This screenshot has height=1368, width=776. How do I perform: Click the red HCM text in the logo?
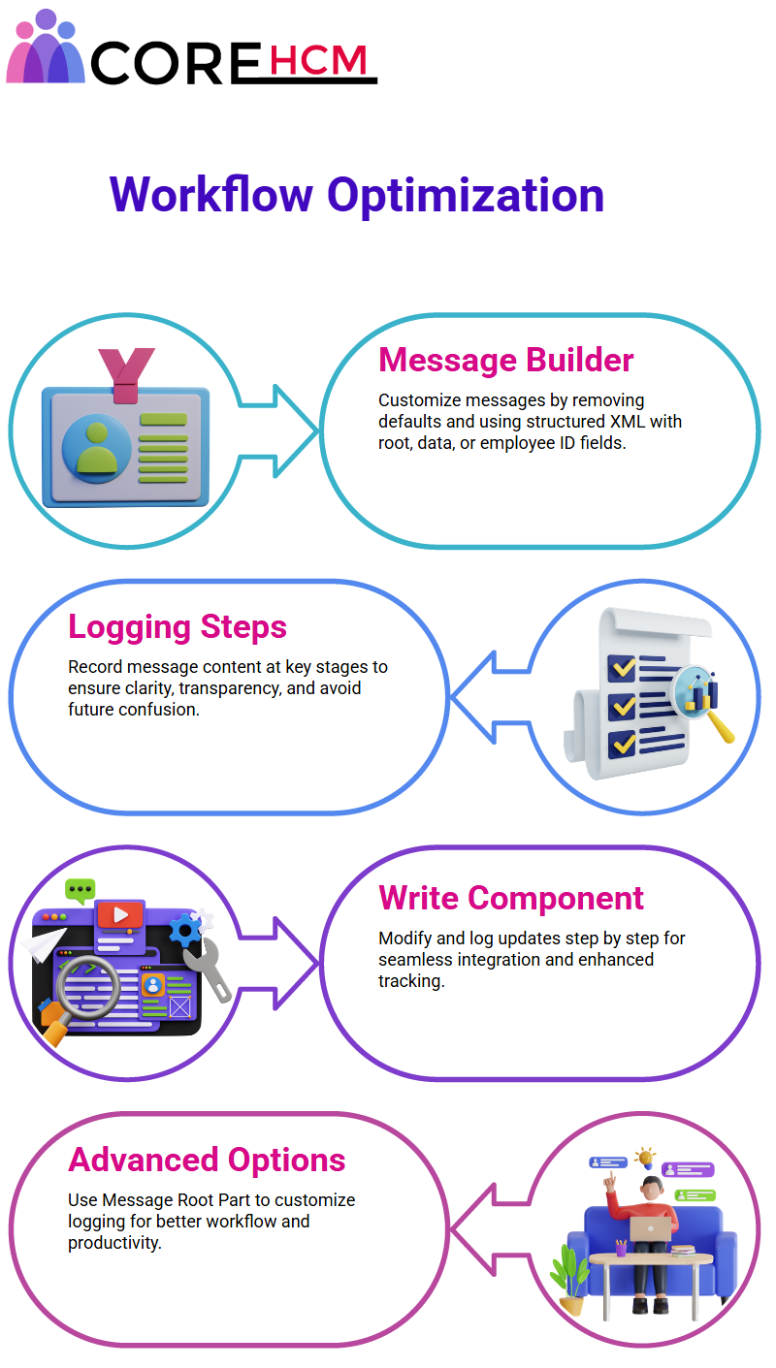pos(318,60)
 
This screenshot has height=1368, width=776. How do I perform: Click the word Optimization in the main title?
pos(466,196)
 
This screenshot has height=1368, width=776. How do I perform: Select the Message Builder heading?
pos(506,360)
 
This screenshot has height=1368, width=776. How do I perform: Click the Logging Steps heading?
pos(178,627)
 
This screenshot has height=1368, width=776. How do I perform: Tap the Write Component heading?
pos(511,898)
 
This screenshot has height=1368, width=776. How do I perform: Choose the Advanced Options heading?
pos(207,1160)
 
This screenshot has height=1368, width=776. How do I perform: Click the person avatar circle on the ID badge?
pos(97,449)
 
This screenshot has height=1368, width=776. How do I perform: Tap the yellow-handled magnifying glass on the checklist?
pos(702,702)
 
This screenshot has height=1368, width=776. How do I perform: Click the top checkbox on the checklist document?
pos(622,667)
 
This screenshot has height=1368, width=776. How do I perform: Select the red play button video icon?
pos(119,914)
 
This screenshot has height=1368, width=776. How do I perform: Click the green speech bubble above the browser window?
pos(81,890)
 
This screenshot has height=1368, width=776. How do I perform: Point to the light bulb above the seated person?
pos(645,1157)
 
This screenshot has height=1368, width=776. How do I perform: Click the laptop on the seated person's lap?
pos(650,1228)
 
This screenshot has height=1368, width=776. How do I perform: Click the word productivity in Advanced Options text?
pos(113,1243)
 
